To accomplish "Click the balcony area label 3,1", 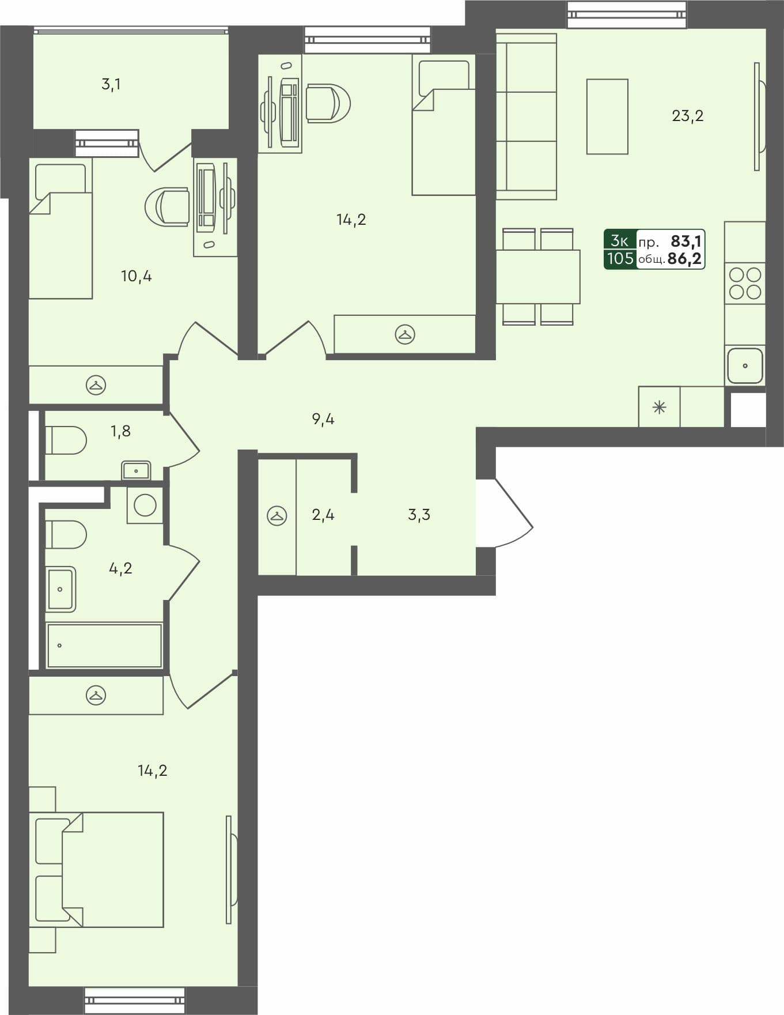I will pyautogui.click(x=111, y=85).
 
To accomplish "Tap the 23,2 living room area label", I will pyautogui.click(x=687, y=116).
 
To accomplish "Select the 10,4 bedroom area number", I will pyautogui.click(x=136, y=276).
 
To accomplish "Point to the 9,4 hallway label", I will pyautogui.click(x=323, y=419).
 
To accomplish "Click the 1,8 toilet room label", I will pyautogui.click(x=120, y=431).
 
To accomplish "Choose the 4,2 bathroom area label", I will pyautogui.click(x=120, y=569).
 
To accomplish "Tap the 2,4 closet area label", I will pyautogui.click(x=323, y=515).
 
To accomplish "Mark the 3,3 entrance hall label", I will pyautogui.click(x=419, y=515).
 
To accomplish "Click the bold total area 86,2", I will pyautogui.click(x=684, y=259).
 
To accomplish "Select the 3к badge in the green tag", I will pyautogui.click(x=619, y=240).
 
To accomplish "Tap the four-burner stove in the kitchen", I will pyautogui.click(x=745, y=284).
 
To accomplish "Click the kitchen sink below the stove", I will pyautogui.click(x=745, y=365).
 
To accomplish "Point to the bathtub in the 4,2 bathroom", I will pyautogui.click(x=104, y=646).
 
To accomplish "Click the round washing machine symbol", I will pyautogui.click(x=145, y=505).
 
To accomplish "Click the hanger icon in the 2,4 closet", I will pyautogui.click(x=277, y=515).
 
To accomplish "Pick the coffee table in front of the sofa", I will pyautogui.click(x=607, y=116).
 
